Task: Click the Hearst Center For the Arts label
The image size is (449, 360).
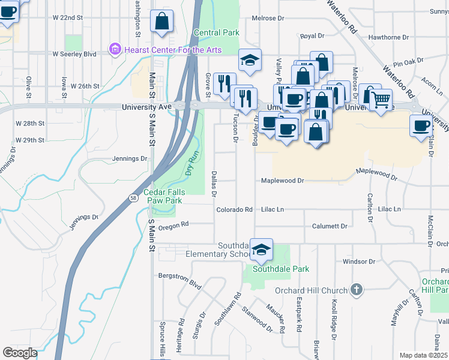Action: [172, 50]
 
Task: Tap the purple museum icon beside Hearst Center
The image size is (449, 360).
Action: [115, 49]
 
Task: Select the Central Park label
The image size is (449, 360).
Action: [217, 32]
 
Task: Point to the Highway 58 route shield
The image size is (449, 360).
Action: [133, 197]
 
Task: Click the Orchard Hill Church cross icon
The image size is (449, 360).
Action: [357, 290]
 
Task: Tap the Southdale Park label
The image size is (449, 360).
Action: [280, 269]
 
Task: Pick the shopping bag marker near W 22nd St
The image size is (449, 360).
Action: [162, 21]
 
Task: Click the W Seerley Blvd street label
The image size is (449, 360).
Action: [74, 53]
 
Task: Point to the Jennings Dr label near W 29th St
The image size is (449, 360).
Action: [130, 159]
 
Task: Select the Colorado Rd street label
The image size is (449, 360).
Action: [234, 210]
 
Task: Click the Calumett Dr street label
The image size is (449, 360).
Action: [330, 226]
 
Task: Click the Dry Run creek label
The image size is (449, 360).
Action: [191, 163]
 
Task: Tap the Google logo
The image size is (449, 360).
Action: [20, 353]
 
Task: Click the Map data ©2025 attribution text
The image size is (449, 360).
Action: [423, 355]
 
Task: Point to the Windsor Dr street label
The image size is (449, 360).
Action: [358, 262]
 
